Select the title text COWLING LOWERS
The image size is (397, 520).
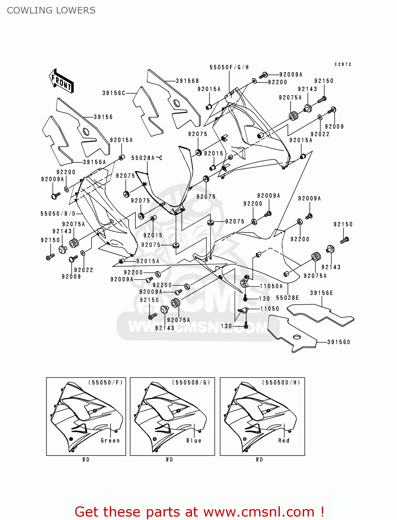click(x=51, y=10)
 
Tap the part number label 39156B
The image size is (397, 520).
click(x=187, y=81)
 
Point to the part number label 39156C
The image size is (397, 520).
click(x=114, y=93)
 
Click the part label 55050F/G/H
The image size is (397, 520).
click(x=229, y=67)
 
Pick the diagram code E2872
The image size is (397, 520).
click(x=343, y=64)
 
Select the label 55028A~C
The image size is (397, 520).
click(x=147, y=158)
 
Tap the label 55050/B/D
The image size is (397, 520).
click(x=58, y=214)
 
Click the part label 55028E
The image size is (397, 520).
click(x=288, y=298)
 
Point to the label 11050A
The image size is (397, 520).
click(x=271, y=286)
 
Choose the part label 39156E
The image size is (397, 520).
click(x=321, y=293)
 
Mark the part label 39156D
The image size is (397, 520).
click(x=339, y=342)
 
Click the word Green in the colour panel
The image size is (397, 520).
click(x=110, y=441)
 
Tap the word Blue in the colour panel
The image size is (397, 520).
click(x=194, y=441)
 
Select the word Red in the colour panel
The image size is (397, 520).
click(x=284, y=441)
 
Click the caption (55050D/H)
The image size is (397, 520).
click(x=281, y=382)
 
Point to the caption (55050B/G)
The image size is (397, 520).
click(x=191, y=382)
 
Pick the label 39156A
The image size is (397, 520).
click(x=94, y=162)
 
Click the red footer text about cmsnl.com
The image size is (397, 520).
click(x=199, y=512)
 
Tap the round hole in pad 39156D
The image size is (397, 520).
click(x=297, y=337)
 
